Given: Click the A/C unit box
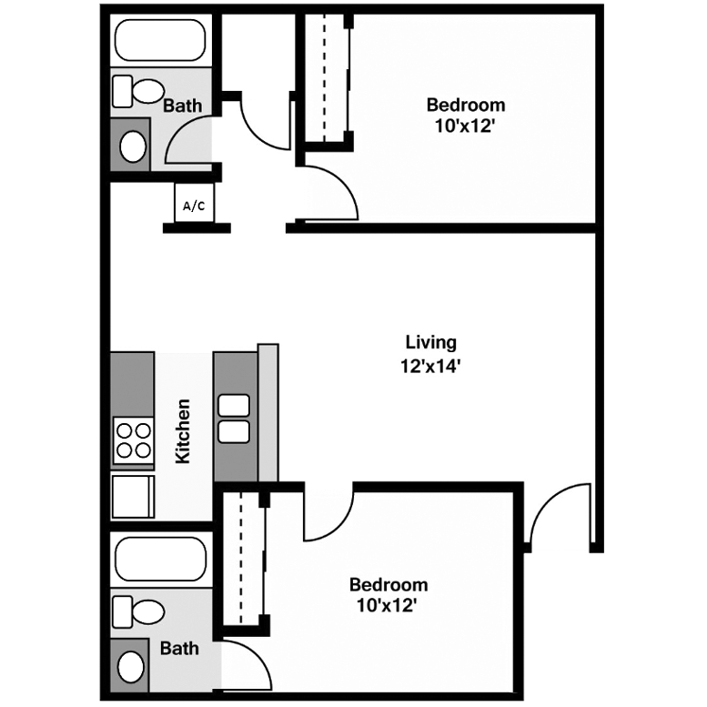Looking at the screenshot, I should (193, 205).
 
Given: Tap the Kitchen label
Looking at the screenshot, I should (183, 430).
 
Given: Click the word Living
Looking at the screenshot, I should (430, 343).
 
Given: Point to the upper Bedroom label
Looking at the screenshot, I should (466, 105).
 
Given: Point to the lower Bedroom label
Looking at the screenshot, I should (389, 584).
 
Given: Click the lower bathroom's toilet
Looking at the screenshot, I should (136, 609).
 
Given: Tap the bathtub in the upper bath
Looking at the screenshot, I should (160, 40).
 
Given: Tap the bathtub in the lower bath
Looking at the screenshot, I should (160, 558).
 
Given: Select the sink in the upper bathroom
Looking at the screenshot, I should (133, 146).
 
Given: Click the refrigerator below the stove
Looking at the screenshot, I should (132, 496).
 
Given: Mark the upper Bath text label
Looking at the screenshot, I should (182, 106).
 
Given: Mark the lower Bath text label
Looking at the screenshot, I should (179, 649).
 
